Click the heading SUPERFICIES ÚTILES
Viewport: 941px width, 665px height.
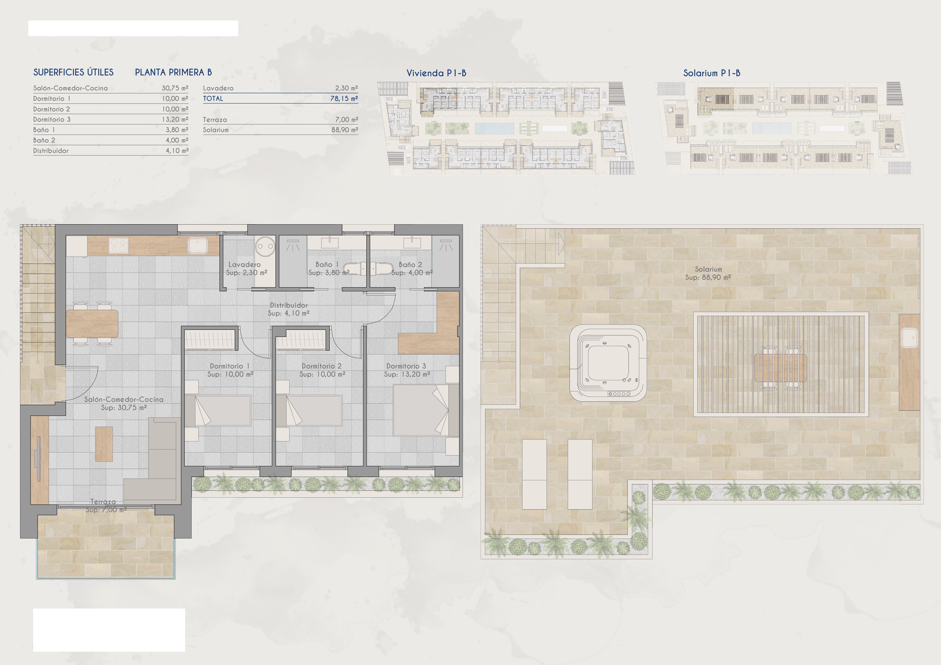pos(73,72)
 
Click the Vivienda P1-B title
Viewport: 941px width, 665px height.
pos(436,73)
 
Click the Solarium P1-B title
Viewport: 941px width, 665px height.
pos(711,73)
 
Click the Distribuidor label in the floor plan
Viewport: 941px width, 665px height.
pos(289,305)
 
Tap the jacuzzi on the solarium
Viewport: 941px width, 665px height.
pos(608,363)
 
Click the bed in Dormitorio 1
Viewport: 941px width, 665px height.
pos(218,410)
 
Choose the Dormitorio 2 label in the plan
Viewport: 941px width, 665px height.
pos(321,366)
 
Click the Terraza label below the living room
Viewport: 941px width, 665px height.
pos(103,502)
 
